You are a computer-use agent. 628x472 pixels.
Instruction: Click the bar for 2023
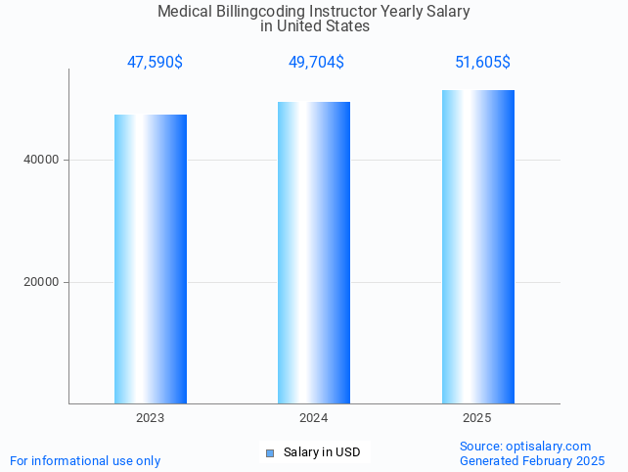pos(151,259)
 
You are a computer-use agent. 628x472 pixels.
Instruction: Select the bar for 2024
pos(314,253)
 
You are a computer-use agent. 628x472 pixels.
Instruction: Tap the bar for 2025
pos(477,247)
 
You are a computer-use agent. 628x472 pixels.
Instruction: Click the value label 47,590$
pos(155,63)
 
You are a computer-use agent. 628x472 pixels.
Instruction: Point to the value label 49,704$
pos(316,63)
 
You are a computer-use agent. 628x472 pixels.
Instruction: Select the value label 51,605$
pos(482,63)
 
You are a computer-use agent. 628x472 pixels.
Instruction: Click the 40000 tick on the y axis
pos(42,160)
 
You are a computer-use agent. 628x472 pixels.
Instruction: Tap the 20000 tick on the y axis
pos(42,282)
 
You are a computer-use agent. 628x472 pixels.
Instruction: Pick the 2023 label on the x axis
pos(151,418)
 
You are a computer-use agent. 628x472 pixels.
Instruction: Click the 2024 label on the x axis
pos(314,418)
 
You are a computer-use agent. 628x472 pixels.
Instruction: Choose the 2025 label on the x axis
pos(477,418)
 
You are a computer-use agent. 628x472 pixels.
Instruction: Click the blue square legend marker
pos(270,452)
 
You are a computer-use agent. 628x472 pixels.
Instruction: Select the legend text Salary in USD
pos(322,452)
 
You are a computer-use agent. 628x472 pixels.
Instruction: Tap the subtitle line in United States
pos(314,26)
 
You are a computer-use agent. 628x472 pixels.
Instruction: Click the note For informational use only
pos(85,460)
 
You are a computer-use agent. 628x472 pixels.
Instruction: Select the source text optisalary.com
pos(549,446)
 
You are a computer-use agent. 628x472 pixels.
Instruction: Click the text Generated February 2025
pos(532,460)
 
